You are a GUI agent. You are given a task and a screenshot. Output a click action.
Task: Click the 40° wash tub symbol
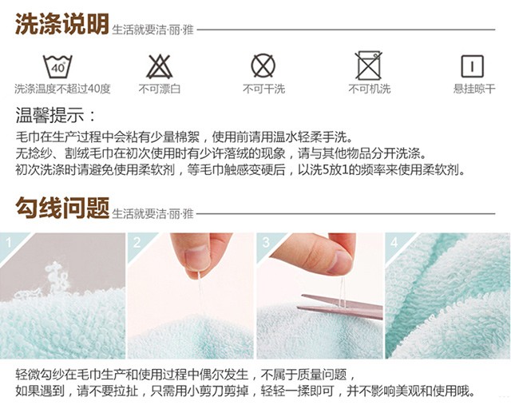[x=57, y=66]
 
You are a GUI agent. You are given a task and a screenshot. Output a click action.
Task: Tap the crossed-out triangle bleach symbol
[x=159, y=66]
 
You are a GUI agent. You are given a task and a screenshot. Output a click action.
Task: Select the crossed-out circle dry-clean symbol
[x=263, y=66]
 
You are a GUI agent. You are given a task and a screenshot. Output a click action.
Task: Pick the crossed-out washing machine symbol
[x=368, y=66]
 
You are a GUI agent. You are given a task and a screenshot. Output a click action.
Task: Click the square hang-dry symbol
[x=472, y=66]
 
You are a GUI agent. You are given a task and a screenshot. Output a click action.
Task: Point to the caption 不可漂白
[x=160, y=89]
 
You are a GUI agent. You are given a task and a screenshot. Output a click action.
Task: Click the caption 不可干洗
[x=263, y=89]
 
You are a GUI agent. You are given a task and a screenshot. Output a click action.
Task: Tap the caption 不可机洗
[x=369, y=89]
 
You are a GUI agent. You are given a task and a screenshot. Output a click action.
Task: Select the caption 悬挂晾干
[x=474, y=89]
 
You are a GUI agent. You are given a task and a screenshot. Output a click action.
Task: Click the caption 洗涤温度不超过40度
[x=62, y=89]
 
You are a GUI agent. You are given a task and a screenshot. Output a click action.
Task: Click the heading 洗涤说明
[x=62, y=24]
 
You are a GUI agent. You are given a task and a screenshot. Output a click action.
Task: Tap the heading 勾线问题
[x=62, y=208]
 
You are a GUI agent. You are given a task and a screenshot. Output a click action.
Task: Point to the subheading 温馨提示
[x=55, y=115]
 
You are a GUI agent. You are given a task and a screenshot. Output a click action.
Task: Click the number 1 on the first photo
[x=9, y=243]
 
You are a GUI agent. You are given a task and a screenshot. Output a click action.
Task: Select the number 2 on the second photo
[x=137, y=243]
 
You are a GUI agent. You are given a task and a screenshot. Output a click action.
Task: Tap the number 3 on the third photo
[x=266, y=243]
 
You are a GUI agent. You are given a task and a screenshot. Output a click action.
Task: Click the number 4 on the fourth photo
[x=394, y=243]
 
